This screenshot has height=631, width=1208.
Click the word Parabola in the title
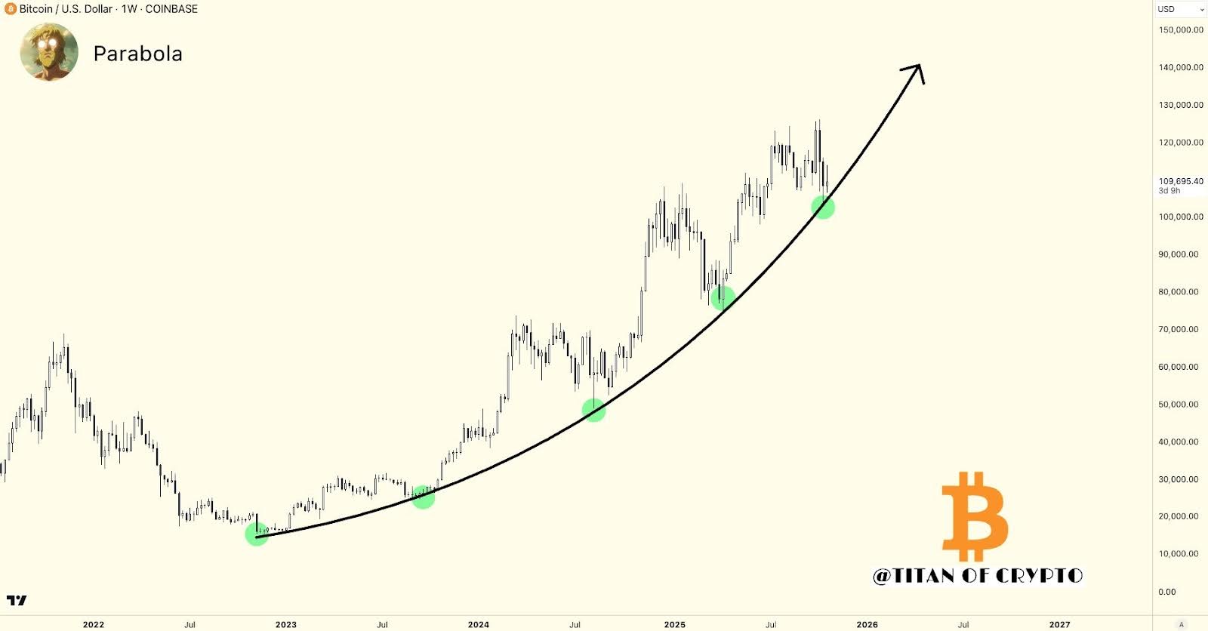click(137, 54)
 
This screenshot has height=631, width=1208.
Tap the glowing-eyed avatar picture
click(49, 52)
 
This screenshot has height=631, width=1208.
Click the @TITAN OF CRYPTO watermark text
click(978, 576)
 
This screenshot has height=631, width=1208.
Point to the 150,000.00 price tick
click(1181, 30)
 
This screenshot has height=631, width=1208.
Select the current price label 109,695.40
click(1181, 181)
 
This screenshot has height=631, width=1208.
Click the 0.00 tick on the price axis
click(1167, 592)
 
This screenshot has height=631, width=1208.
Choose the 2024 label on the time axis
click(479, 624)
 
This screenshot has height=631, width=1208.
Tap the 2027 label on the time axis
click(1059, 624)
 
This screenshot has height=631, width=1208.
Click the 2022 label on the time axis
click(94, 624)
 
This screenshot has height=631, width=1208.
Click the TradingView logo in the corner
click(17, 601)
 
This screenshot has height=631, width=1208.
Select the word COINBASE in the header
click(171, 9)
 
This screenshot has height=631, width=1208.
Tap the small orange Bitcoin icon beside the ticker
click(10, 9)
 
